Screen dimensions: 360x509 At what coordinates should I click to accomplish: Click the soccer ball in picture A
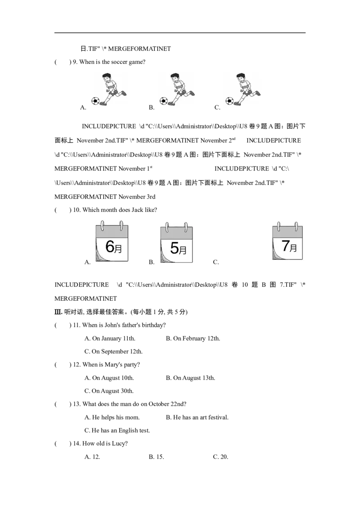click(x=95, y=101)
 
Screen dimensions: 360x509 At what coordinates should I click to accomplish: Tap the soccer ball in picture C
click(x=229, y=101)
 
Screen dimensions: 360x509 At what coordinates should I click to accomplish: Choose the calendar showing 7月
click(x=288, y=241)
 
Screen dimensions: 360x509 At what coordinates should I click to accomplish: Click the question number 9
click(x=75, y=62)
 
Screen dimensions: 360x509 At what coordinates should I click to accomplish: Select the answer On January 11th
click(x=110, y=338)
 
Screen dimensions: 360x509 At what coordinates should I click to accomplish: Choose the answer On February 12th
click(x=193, y=338)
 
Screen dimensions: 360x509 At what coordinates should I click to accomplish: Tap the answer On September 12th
click(x=113, y=352)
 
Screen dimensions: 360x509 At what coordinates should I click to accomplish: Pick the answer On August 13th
click(x=190, y=378)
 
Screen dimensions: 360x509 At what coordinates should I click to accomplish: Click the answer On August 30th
click(x=109, y=391)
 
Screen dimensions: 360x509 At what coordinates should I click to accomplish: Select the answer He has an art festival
click(x=197, y=417)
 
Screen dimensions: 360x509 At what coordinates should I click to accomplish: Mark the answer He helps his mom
click(x=112, y=417)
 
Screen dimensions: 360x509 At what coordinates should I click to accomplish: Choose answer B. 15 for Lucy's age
click(x=156, y=457)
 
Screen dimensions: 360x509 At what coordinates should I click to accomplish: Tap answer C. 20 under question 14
click(x=220, y=457)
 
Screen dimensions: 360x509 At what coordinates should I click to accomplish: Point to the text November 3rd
click(x=137, y=196)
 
